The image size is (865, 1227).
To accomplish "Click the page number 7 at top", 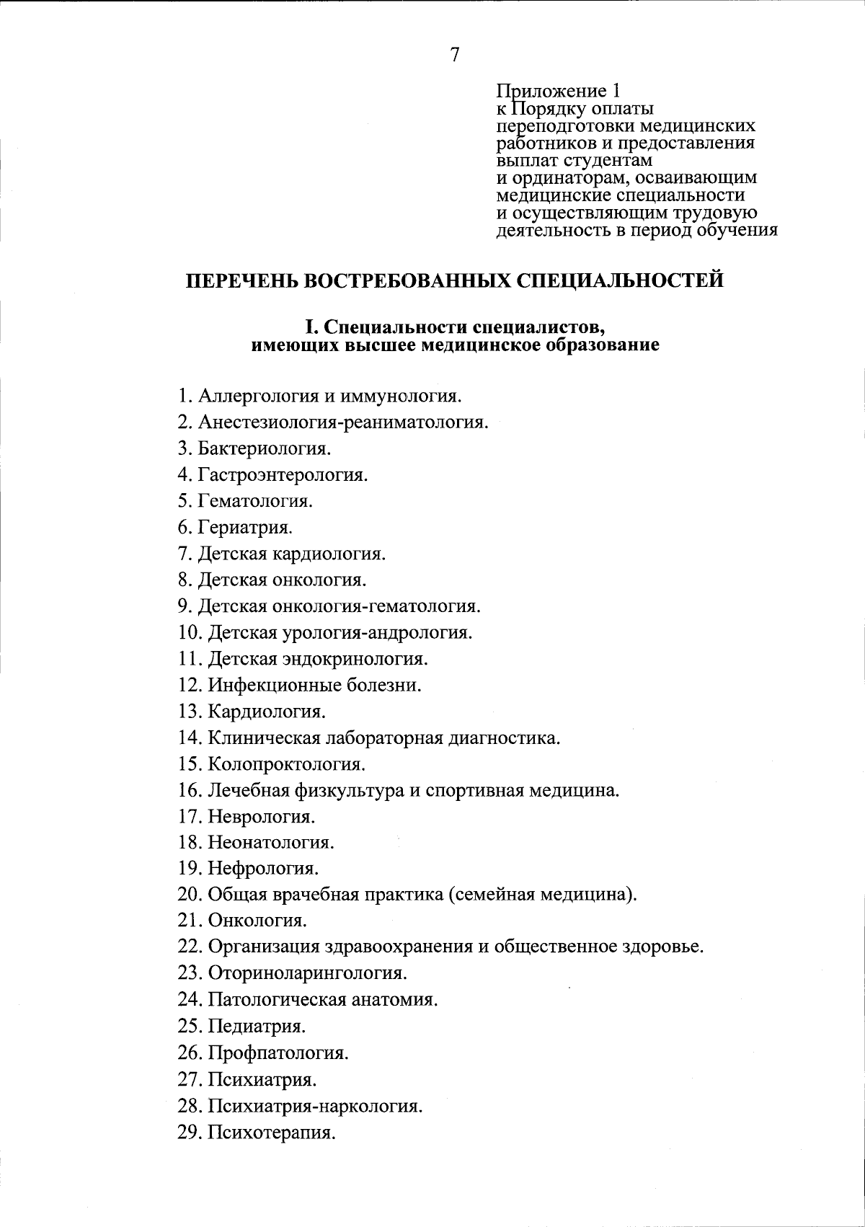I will coord(455,55).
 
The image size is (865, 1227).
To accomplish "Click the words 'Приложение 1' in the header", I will coord(558,92).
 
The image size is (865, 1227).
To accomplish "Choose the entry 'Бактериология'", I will coord(265,448).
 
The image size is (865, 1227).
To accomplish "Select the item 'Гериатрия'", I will coord(245,527).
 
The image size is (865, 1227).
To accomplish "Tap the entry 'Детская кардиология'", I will coord(292,554).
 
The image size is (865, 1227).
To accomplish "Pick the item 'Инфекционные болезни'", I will coord(314,685).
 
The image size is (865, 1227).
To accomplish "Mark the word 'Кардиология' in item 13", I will coord(267,712).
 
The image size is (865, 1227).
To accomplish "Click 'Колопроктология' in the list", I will coord(286,763).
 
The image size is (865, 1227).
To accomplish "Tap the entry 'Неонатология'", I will coord(271,842).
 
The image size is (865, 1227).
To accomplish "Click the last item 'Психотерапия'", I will coord(272,1132).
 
